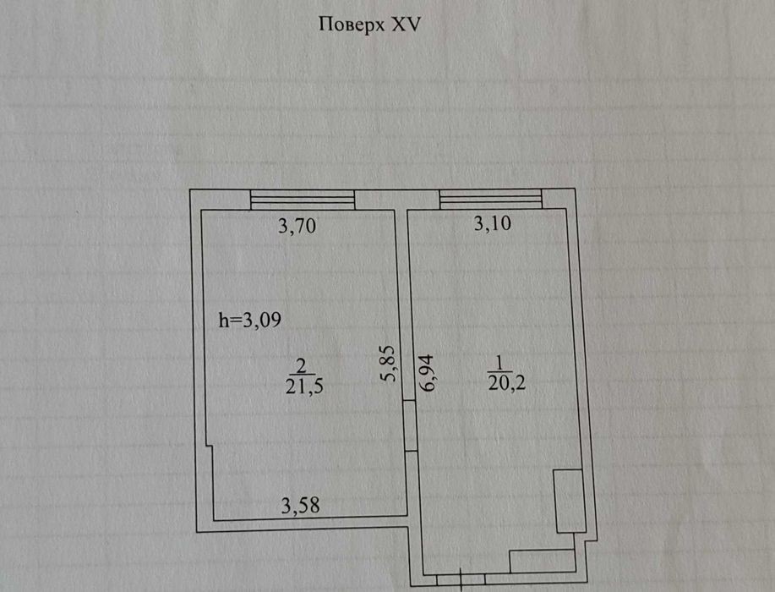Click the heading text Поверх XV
[369, 25]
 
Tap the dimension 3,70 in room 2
[297, 226]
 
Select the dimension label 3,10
[492, 223]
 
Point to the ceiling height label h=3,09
[250, 320]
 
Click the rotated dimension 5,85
[389, 364]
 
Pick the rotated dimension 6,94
[427, 372]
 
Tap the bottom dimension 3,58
[301, 506]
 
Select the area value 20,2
[506, 382]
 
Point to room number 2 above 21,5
[301, 366]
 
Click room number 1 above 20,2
[499, 363]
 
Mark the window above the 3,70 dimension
[303, 200]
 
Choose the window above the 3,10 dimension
[491, 199]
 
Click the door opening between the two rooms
[411, 425]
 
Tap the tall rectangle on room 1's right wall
[570, 501]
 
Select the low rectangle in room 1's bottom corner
[543, 561]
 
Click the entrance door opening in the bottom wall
[461, 578]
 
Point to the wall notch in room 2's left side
[210, 446]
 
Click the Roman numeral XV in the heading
[407, 24]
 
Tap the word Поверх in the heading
[352, 25]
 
